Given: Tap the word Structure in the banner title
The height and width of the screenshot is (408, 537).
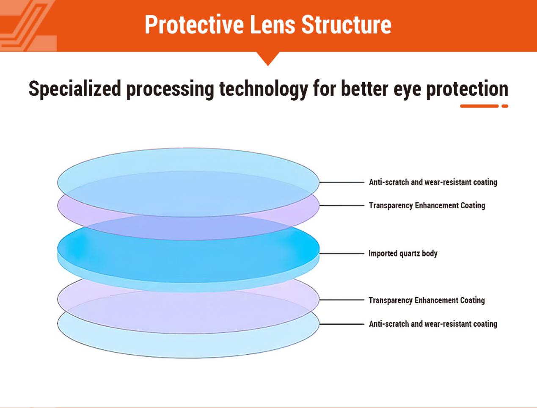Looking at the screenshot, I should click(x=346, y=25).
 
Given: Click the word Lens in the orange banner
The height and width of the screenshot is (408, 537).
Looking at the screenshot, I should click(x=273, y=25).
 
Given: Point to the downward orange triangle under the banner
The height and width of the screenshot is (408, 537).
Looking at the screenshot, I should click(x=268, y=58).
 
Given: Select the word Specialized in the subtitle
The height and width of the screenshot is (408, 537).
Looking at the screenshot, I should click(x=74, y=89).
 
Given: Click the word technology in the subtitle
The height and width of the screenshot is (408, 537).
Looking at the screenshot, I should click(x=263, y=89).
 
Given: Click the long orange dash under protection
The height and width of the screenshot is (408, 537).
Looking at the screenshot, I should click(x=479, y=106).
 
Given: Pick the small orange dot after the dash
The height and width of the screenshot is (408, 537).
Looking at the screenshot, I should click(x=504, y=106).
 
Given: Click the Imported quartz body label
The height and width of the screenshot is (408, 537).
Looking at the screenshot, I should click(x=403, y=254).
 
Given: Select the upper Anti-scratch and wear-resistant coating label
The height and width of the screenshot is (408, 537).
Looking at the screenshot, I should click(x=433, y=182).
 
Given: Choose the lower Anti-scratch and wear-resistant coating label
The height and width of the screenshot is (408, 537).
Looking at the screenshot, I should click(x=433, y=324).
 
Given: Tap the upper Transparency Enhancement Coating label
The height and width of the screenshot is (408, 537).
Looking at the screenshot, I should click(x=427, y=206).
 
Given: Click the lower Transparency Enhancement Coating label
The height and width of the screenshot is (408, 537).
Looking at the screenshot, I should click(x=427, y=300).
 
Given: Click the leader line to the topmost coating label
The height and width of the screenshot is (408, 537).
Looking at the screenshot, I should click(x=342, y=182).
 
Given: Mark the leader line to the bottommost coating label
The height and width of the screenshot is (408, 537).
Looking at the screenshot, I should click(x=342, y=324).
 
